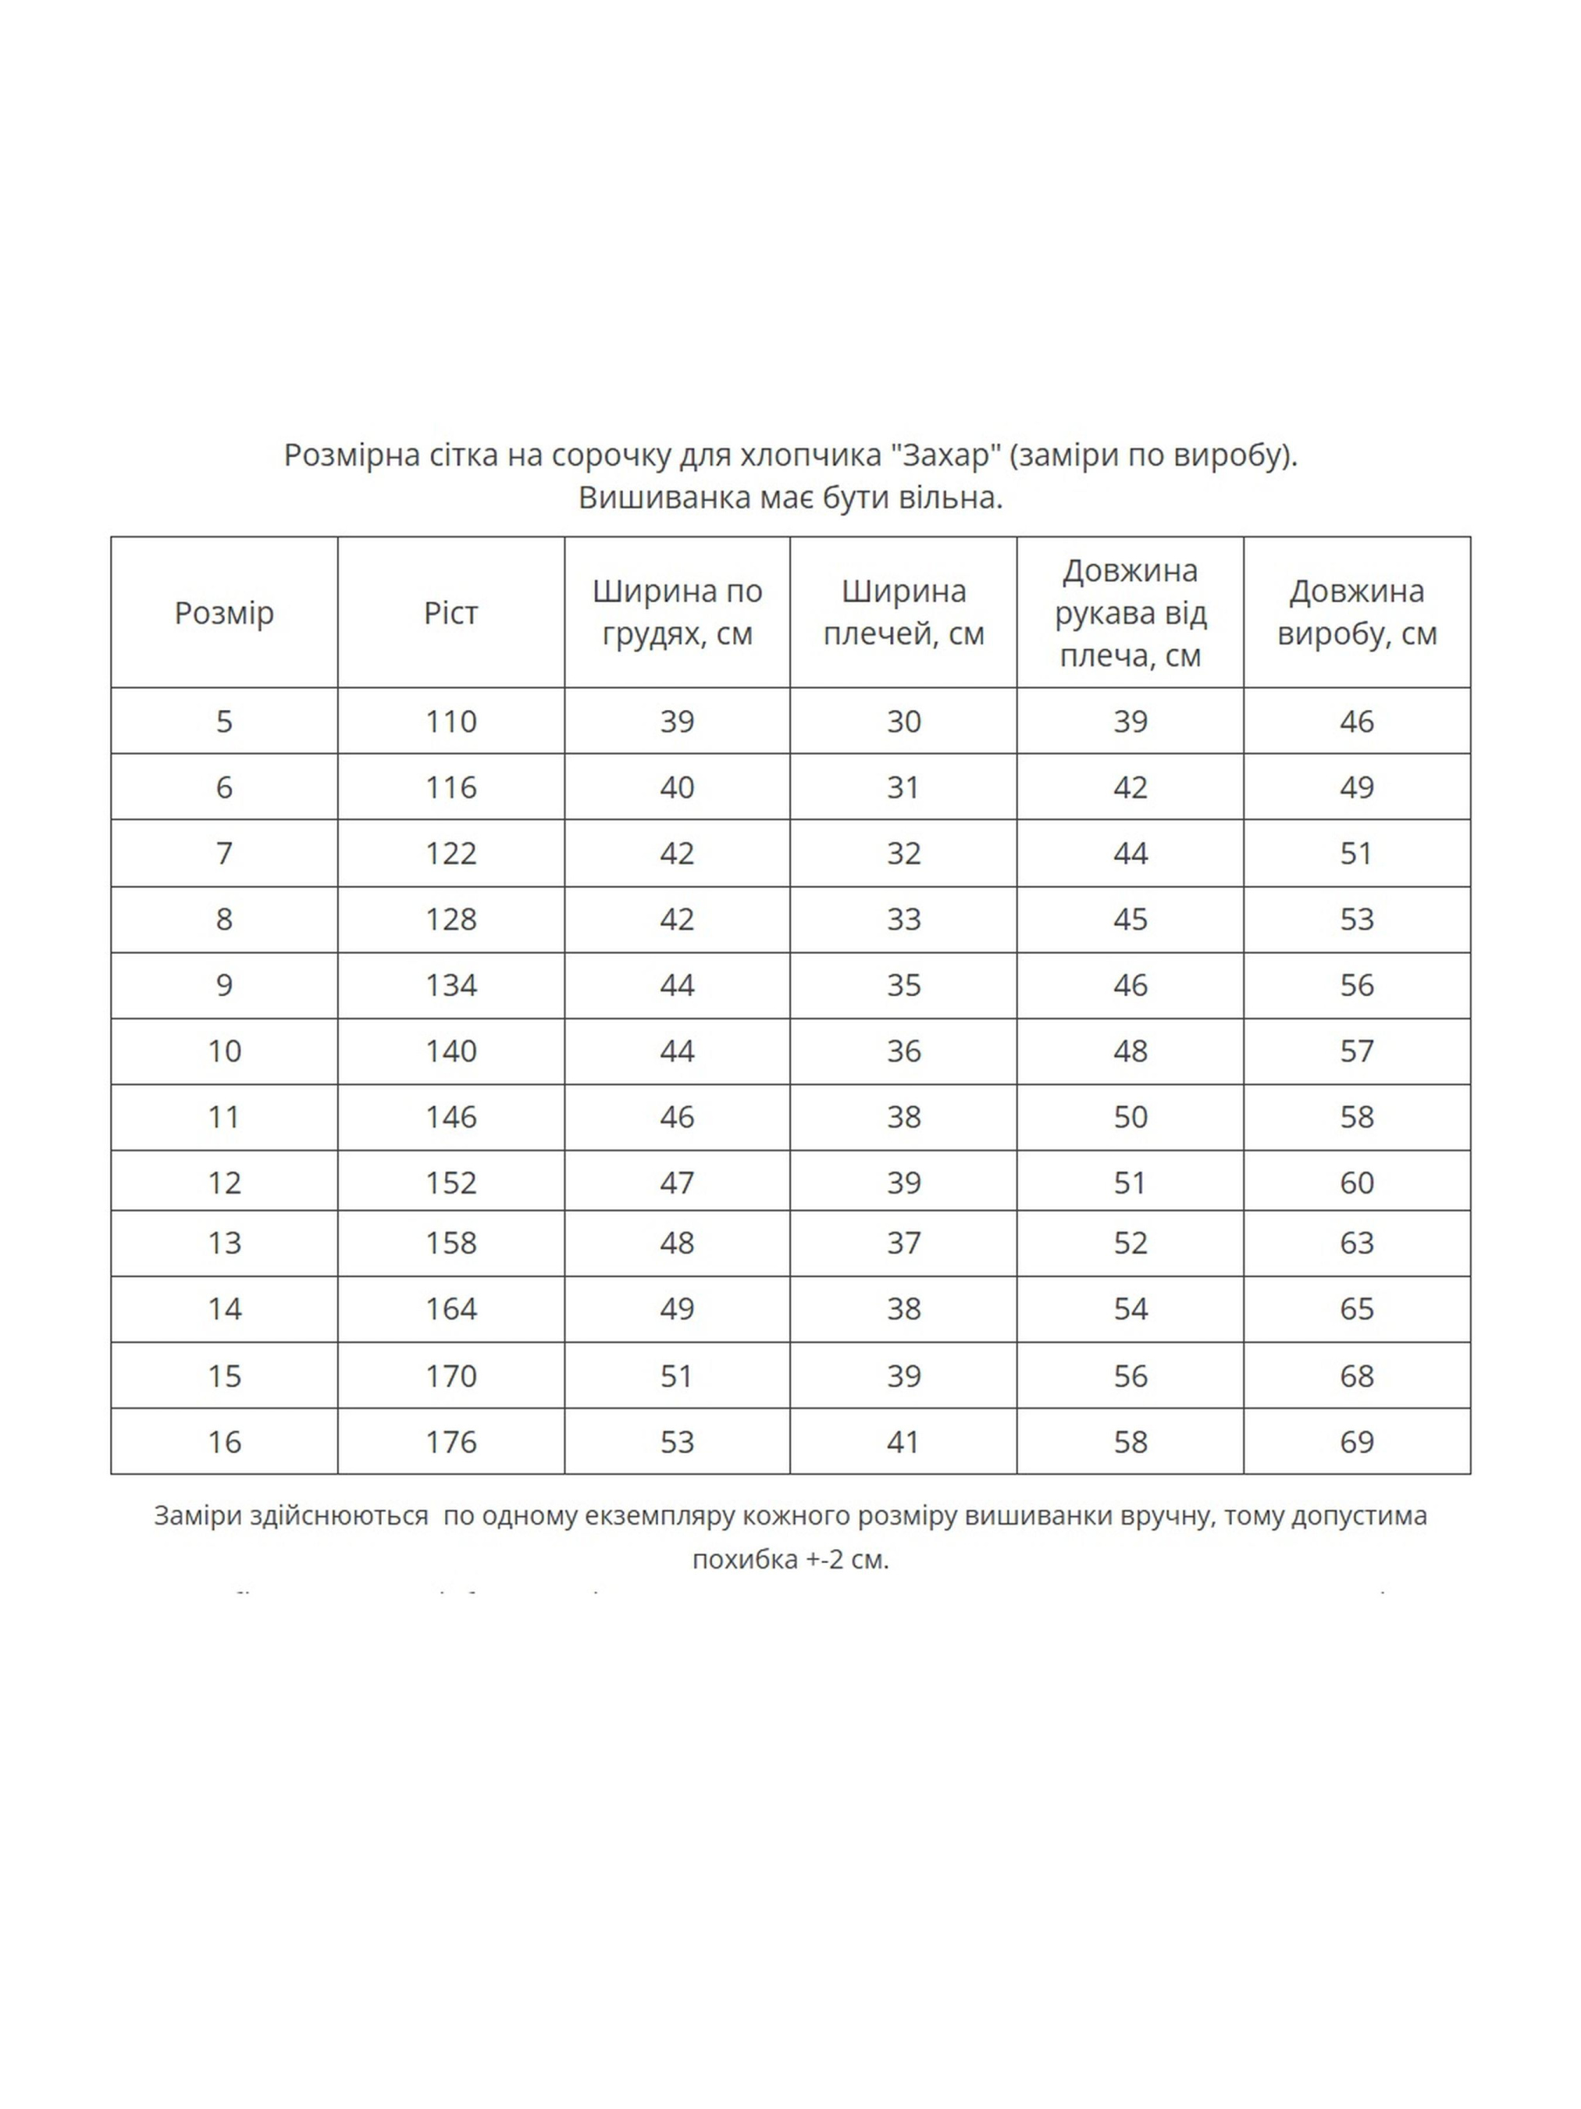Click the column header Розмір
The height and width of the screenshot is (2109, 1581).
[x=224, y=612]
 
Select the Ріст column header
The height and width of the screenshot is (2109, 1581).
[x=450, y=612]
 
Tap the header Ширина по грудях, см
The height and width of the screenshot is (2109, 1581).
[x=677, y=612]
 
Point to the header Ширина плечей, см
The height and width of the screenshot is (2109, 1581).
[x=903, y=612]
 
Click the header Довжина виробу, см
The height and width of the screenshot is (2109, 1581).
[x=1356, y=612]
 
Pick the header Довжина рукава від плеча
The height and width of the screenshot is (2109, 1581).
[x=1131, y=612]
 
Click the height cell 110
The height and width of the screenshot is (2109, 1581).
[x=450, y=722]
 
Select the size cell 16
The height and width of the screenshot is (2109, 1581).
[x=224, y=1442]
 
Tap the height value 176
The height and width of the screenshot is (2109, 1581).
[x=450, y=1442]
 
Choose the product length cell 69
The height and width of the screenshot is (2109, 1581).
[x=1356, y=1442]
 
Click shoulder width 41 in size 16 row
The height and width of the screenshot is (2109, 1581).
[x=903, y=1442]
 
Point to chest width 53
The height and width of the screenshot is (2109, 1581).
[x=677, y=1442]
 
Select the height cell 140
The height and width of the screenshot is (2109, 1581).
[x=450, y=1051]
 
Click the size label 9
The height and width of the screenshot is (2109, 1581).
[x=224, y=985]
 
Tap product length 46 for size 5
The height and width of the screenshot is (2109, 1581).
[x=1356, y=722]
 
